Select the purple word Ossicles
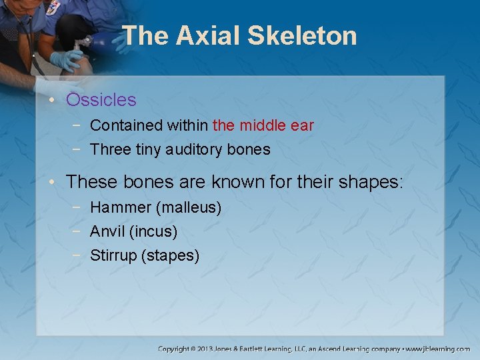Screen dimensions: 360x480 tap(101, 100)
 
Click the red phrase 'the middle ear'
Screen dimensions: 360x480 tap(263, 125)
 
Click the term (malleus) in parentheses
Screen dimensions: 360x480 tap(189, 207)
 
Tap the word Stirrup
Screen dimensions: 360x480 tap(113, 255)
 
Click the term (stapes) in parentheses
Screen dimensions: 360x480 tap(171, 255)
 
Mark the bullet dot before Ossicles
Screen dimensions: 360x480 tap(56, 101)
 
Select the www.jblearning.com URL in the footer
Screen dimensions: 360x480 tap(439, 349)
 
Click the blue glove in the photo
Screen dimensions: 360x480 tap(65, 60)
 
